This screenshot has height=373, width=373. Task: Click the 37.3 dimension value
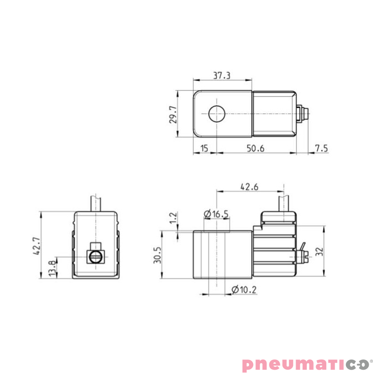coord(222,75)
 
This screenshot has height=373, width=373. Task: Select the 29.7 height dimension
coord(173,114)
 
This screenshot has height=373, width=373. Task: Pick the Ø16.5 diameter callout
coord(216,214)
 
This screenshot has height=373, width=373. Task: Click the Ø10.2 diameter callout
coord(243,290)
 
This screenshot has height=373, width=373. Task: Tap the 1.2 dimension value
coord(173,218)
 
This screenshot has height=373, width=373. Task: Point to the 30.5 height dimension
coord(157,255)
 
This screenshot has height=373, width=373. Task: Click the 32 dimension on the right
coord(319,251)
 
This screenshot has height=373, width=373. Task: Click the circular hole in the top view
coord(217,113)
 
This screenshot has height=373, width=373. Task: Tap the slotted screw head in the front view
coord(95,256)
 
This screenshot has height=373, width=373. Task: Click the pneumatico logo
coord(305,364)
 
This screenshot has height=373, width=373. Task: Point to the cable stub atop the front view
coord(96,203)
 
